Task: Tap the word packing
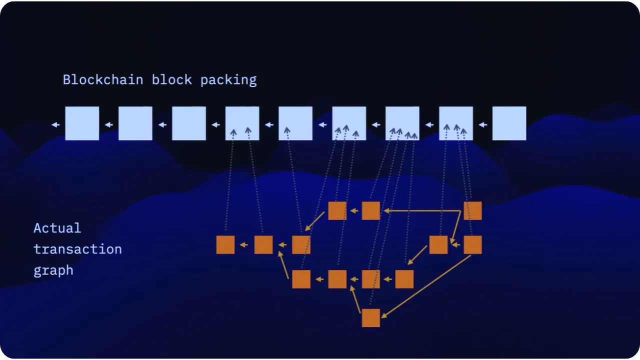228,80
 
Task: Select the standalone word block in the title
171,80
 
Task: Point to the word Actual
57,228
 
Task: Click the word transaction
77,249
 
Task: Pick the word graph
53,270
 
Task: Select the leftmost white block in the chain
82,123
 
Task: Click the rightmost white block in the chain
509,123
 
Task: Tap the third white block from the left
189,123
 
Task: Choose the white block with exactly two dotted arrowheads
242,123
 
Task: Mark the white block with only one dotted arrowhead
295,123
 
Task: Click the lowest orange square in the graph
370,318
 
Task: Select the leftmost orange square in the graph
225,245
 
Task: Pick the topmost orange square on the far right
472,210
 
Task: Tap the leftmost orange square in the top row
337,210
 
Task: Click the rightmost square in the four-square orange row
404,279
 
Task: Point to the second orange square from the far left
263,245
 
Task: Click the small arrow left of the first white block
55,124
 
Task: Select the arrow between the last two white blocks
482,124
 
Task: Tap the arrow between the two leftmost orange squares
244,245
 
